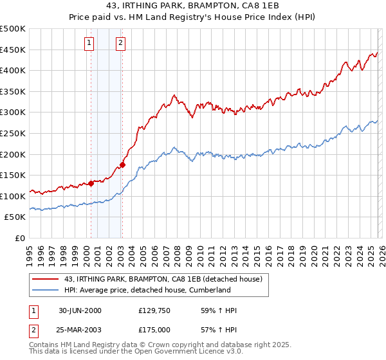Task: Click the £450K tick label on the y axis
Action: point(13,50)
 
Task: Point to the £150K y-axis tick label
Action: point(13,175)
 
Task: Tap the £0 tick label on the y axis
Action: point(19,238)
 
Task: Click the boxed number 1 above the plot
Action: point(88,44)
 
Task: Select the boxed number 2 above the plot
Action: point(120,44)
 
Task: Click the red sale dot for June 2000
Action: point(91,183)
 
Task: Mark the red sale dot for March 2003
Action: point(122,165)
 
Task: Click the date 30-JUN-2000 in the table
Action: point(80,310)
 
